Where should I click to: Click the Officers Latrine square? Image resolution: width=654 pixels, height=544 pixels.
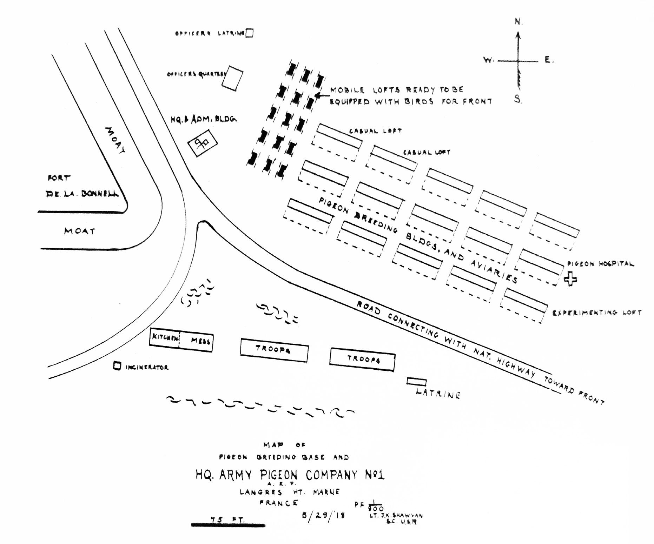(x=249, y=33)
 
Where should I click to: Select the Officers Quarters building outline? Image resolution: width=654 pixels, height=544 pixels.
(x=232, y=78)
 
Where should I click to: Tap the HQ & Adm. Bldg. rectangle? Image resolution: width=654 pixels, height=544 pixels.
(x=203, y=143)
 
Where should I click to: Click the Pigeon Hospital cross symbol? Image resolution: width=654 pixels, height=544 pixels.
(x=570, y=280)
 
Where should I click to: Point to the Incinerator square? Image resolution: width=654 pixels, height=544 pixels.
(x=117, y=366)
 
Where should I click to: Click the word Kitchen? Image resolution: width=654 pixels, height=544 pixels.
(x=165, y=338)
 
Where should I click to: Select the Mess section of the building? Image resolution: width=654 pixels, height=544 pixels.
(x=200, y=340)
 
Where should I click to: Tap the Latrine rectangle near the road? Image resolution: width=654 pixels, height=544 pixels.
(x=417, y=382)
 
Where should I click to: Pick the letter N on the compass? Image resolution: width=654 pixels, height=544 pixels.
(x=518, y=22)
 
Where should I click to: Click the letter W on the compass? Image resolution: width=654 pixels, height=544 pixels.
(x=488, y=60)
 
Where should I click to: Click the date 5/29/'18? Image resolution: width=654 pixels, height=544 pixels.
(x=323, y=515)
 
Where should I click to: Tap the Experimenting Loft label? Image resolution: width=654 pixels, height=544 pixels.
(x=597, y=313)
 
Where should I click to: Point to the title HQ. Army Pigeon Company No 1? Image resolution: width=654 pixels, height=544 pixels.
(x=290, y=475)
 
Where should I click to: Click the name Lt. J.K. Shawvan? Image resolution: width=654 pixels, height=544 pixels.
(x=396, y=516)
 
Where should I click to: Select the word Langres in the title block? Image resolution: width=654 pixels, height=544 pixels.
(x=261, y=492)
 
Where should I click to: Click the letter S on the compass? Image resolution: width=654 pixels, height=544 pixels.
(x=518, y=99)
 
